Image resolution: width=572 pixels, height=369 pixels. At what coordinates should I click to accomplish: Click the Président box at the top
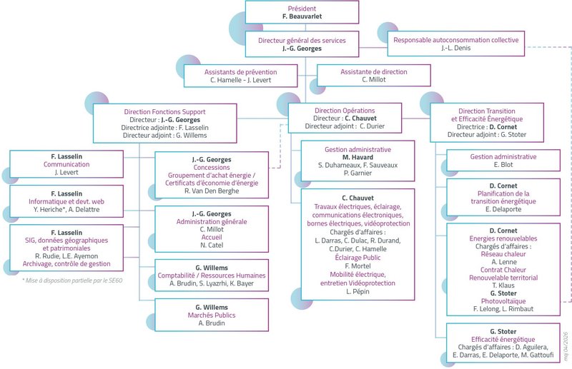tap(302, 12)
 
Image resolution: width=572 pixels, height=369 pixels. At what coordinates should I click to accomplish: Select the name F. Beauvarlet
tap(302, 16)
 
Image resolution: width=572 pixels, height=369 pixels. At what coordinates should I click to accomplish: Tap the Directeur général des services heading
tap(302, 41)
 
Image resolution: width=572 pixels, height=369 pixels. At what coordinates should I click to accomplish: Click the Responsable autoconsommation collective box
tap(456, 44)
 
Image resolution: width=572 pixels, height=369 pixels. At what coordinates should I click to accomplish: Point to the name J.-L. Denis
tap(456, 48)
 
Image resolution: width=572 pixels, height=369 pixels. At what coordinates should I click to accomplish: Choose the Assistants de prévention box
tap(241, 76)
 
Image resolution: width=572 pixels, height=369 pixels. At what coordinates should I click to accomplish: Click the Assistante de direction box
tap(374, 76)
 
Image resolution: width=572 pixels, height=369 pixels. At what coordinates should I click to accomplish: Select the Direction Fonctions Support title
tap(165, 112)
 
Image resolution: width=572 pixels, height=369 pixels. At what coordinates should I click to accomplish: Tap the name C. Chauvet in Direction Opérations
tap(361, 118)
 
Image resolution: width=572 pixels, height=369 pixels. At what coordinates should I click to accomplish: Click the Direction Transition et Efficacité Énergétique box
tap(487, 123)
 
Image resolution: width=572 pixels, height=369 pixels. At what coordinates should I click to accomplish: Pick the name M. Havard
tap(358, 157)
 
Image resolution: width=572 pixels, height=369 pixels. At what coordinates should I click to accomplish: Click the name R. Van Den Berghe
tap(212, 191)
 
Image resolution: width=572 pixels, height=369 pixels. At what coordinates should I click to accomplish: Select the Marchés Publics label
tap(212, 315)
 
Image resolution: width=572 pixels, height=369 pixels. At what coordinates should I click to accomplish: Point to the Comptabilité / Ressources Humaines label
tap(212, 276)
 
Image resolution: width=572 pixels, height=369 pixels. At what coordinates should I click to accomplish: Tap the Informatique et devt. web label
tap(66, 201)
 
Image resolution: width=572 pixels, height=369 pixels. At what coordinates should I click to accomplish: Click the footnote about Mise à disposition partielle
tap(72, 280)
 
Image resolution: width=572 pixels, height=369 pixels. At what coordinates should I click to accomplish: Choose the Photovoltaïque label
tap(503, 301)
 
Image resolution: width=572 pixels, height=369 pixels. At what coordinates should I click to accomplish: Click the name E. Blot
tap(503, 165)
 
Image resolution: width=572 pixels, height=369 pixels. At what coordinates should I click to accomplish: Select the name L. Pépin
tap(358, 291)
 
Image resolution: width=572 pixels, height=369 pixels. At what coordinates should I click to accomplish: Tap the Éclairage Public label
tap(358, 258)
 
